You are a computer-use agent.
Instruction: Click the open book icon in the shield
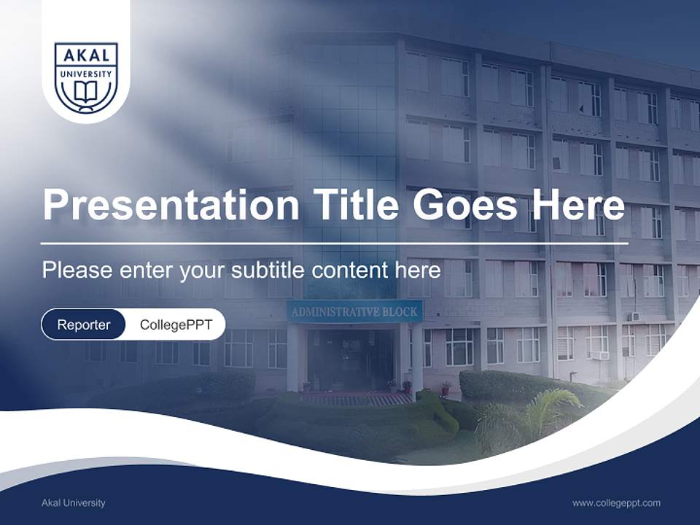click(x=86, y=93)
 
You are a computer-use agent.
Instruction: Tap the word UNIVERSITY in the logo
click(x=86, y=74)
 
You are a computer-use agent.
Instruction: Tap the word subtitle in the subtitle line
click(x=269, y=271)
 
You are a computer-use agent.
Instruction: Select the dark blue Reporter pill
click(x=83, y=324)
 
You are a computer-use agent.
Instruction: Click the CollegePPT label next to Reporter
click(x=175, y=324)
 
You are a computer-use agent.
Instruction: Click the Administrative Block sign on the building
click(x=354, y=312)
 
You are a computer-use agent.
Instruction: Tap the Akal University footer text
click(x=74, y=502)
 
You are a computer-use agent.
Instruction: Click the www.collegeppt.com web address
click(x=616, y=502)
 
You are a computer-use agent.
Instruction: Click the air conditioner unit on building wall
click(x=599, y=355)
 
